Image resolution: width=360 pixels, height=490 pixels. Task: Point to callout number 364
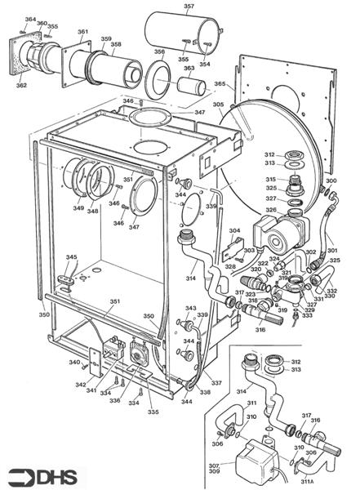[30, 19]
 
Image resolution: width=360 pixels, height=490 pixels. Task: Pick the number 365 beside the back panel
[220, 85]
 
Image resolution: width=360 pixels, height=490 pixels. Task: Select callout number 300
[331, 180]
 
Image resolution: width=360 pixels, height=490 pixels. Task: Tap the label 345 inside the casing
[72, 258]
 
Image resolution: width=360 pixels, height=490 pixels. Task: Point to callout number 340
[73, 363]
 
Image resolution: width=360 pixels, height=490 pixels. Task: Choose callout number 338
[205, 393]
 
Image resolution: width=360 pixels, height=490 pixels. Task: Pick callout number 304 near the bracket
[234, 231]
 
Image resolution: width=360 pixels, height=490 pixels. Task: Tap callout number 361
[83, 32]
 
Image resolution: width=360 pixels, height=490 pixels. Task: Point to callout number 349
[78, 209]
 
